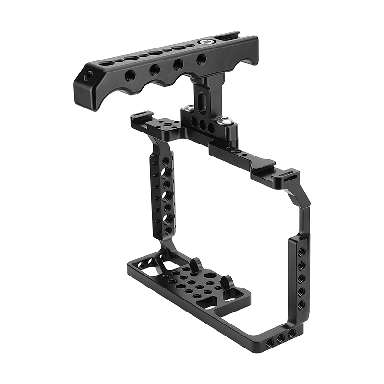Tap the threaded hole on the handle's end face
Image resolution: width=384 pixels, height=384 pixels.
(x=88, y=76)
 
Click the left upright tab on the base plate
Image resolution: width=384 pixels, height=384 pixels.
(x=195, y=264)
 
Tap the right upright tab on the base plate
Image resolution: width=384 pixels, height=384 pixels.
(x=228, y=280)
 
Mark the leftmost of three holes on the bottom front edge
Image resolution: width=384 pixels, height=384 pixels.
(x=270, y=342)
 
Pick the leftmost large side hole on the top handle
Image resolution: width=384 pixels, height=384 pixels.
(x=131, y=75)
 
